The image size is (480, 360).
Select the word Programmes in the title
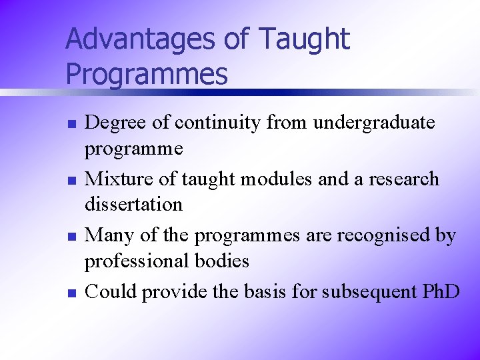pos(147,74)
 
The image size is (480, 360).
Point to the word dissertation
pos(133,204)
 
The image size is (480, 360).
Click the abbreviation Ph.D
pos(441,291)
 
